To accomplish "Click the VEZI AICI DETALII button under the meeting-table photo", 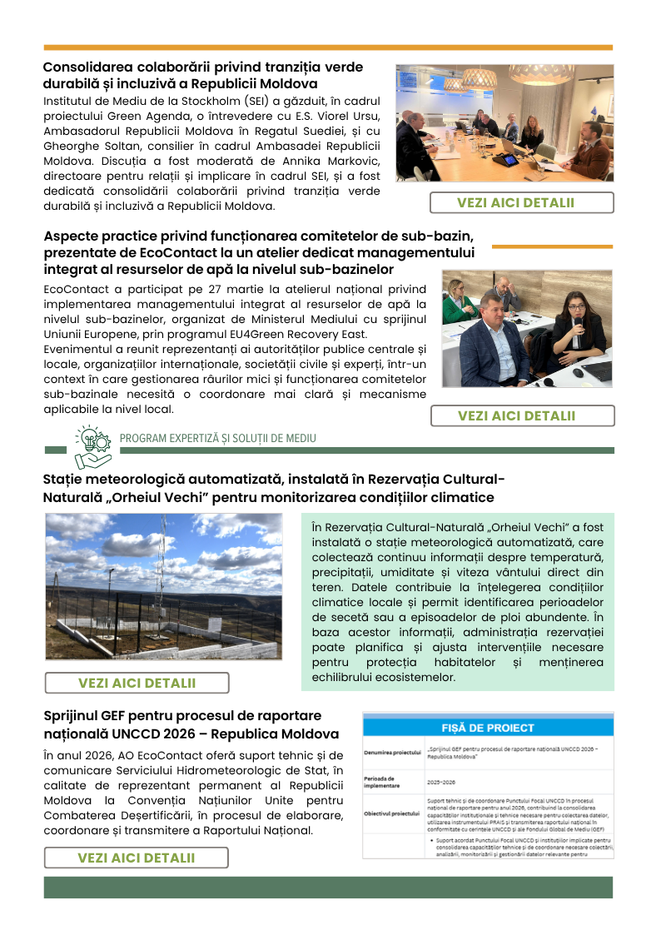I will click(x=521, y=202).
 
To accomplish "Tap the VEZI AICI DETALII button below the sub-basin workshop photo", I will click(x=522, y=415).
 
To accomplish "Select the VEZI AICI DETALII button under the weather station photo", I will click(x=137, y=683).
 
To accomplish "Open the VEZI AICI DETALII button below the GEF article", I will click(x=136, y=858).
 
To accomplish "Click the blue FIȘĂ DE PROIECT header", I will click(x=488, y=728).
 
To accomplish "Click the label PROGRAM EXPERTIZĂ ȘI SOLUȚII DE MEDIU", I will click(x=218, y=438).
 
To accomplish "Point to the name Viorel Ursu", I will click(x=331, y=116).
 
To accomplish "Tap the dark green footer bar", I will click(x=328, y=886).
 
